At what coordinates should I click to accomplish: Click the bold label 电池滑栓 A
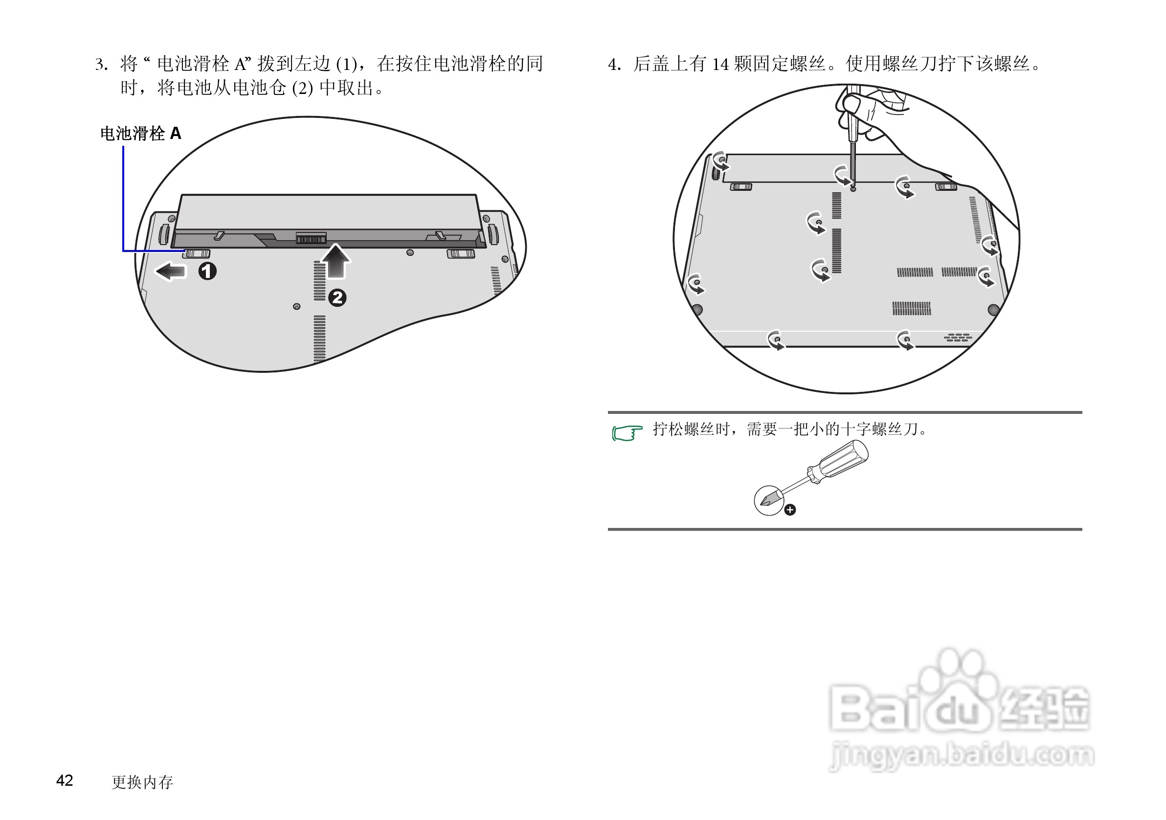pos(140,134)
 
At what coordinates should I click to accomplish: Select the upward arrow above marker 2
pos(336,261)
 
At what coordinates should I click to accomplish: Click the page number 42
pos(65,780)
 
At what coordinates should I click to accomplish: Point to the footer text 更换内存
pos(142,782)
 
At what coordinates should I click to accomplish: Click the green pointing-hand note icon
pos(627,433)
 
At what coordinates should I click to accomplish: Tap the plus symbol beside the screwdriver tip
pos(790,510)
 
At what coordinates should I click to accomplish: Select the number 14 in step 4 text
pos(720,65)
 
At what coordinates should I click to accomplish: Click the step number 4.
pos(613,65)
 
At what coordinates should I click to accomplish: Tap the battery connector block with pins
pos(311,238)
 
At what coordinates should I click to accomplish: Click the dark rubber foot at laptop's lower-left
pos(697,308)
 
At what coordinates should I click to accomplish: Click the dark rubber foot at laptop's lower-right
pos(993,309)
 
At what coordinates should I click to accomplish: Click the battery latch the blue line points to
pos(197,253)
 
